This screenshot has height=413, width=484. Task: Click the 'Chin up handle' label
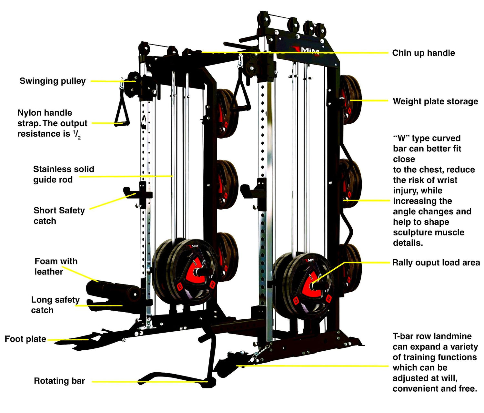423,53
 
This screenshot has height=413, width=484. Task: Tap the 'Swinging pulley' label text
53,81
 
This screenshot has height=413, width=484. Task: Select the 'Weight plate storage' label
435,101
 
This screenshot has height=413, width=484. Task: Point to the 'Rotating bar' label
59,381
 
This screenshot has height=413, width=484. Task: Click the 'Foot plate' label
25,339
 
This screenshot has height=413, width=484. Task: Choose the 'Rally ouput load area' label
436,263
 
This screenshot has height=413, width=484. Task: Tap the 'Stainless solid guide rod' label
64,174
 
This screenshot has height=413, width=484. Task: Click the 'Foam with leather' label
56,266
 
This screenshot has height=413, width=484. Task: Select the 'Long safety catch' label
55,305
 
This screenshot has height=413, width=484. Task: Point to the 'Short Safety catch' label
59,216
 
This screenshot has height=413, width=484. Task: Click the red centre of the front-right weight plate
311,284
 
